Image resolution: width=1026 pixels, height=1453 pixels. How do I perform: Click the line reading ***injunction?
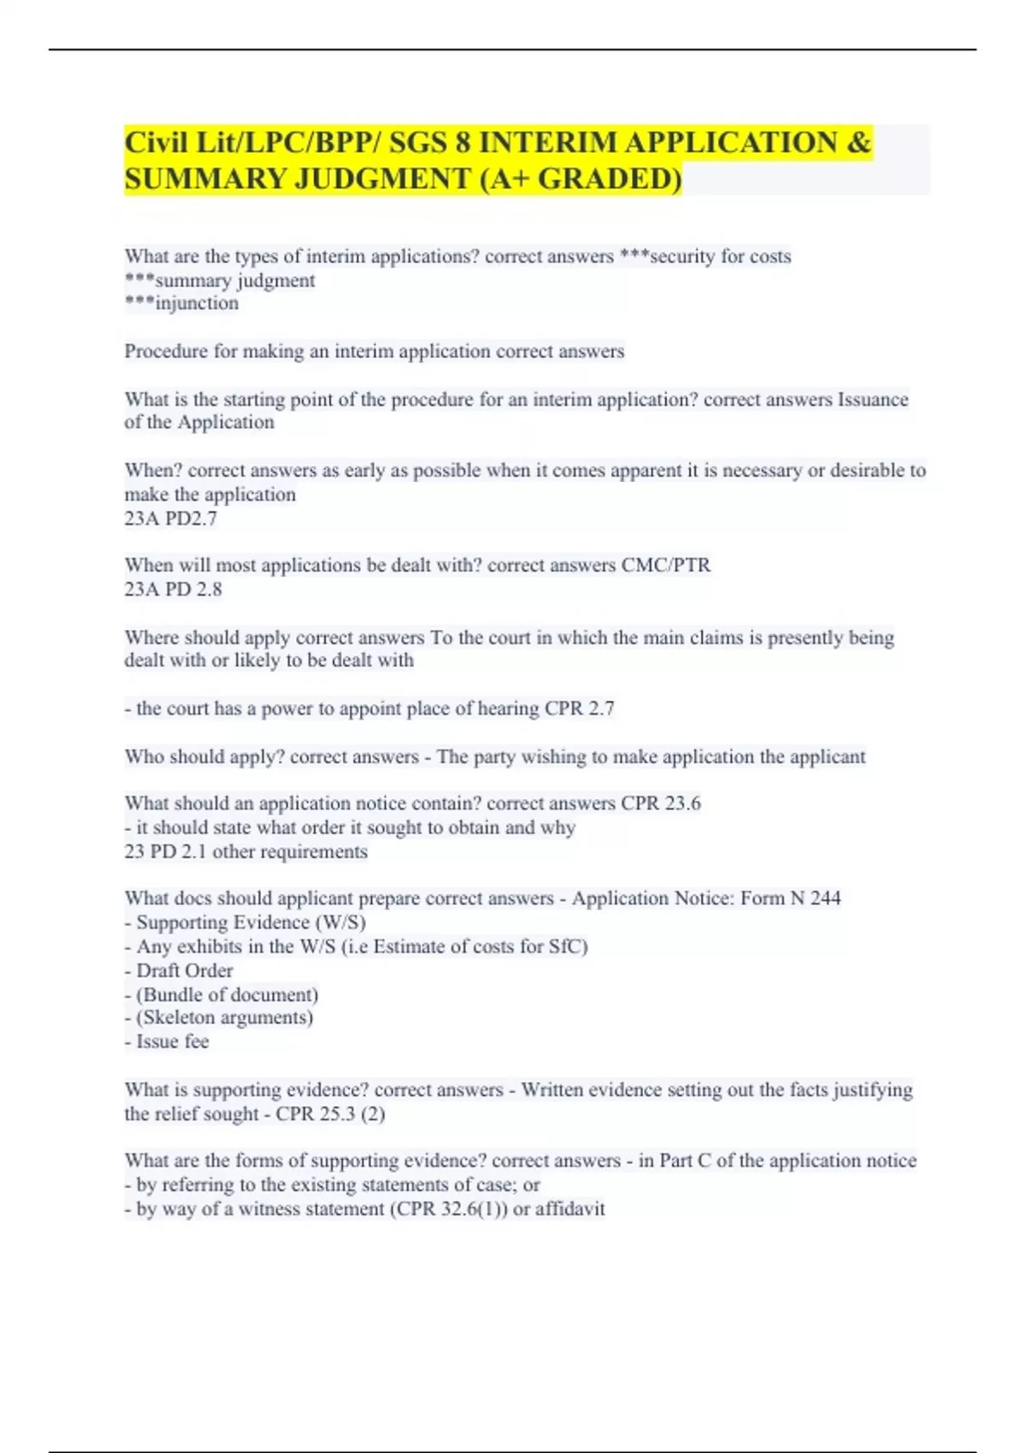[181, 303]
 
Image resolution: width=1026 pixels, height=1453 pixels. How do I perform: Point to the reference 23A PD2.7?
[170, 518]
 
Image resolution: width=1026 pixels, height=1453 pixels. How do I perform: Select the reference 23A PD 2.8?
[173, 589]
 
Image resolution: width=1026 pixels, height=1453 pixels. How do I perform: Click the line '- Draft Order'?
[179, 971]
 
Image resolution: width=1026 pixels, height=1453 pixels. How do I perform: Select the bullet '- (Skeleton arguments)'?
[219, 1018]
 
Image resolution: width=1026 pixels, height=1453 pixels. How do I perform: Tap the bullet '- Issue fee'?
[167, 1042]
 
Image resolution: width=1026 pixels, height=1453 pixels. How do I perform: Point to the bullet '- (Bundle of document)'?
[221, 995]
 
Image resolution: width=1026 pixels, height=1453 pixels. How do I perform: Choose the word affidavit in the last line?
[569, 1209]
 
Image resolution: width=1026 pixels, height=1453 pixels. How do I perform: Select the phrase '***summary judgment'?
[220, 280]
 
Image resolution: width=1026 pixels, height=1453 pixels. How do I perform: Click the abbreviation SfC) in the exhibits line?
[568, 947]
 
